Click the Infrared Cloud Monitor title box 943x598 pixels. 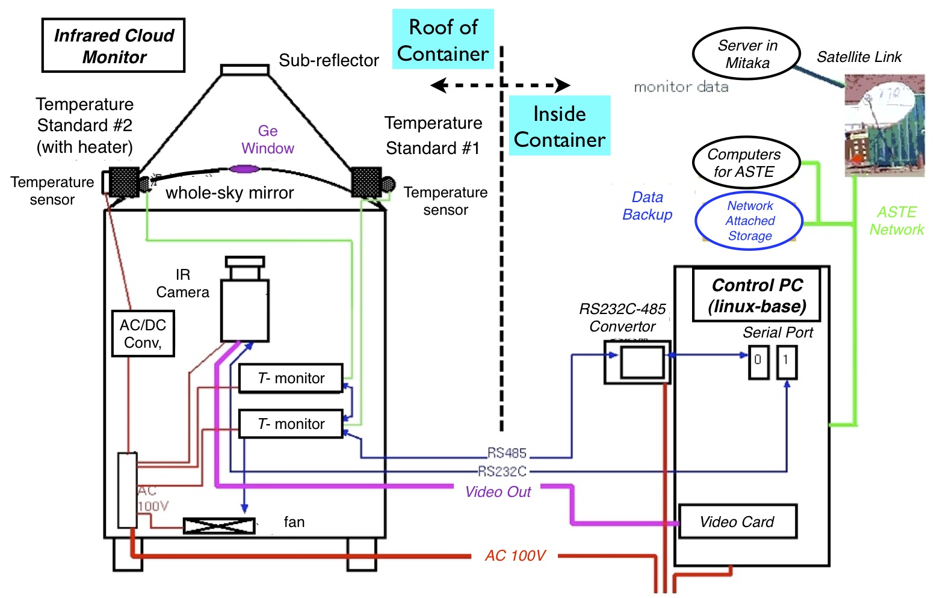tap(113, 46)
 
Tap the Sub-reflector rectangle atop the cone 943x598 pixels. tap(244, 70)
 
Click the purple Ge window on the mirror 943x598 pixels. tap(244, 169)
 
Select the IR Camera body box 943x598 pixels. tap(244, 310)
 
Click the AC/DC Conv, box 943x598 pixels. tap(143, 333)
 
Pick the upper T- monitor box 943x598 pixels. tap(291, 378)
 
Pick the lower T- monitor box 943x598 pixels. tap(291, 424)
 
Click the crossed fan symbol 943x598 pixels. tap(219, 526)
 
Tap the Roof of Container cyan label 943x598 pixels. tap(443, 40)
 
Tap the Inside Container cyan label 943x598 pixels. tap(559, 126)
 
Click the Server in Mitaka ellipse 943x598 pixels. tap(746, 54)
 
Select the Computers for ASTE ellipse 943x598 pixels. tap(746, 163)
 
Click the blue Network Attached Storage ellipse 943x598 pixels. tap(749, 221)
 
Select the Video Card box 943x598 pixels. tap(737, 522)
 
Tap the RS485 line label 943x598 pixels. tap(507, 453)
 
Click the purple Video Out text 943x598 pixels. tap(498, 492)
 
